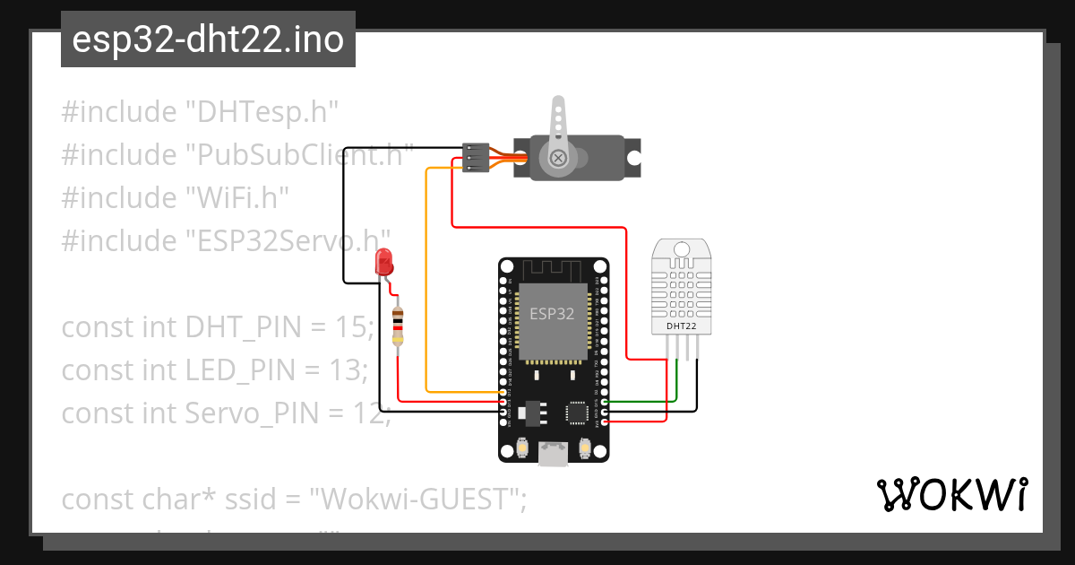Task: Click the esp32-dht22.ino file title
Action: click(208, 39)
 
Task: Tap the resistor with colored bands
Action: click(399, 325)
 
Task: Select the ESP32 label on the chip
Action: click(552, 314)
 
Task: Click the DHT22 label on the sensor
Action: click(681, 326)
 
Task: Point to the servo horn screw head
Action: click(559, 158)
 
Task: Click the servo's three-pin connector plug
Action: click(476, 157)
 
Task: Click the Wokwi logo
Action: click(950, 495)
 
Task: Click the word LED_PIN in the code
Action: click(240, 370)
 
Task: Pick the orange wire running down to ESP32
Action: click(426, 287)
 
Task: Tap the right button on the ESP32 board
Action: click(586, 447)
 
